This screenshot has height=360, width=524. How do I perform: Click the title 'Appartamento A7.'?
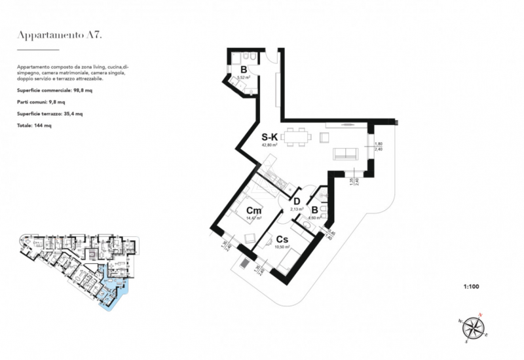click(x=59, y=36)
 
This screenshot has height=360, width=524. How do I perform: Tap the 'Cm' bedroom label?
click(x=254, y=210)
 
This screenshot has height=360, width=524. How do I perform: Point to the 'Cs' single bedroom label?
click(x=282, y=240)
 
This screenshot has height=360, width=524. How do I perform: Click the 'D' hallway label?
click(x=296, y=201)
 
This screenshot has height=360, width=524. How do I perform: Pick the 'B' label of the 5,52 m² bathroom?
click(x=243, y=69)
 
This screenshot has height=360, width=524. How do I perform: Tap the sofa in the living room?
click(x=346, y=154)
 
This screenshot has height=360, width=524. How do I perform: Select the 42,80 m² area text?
click(x=271, y=147)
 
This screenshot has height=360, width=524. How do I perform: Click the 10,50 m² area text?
click(x=282, y=247)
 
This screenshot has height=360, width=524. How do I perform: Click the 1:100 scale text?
click(x=471, y=286)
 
